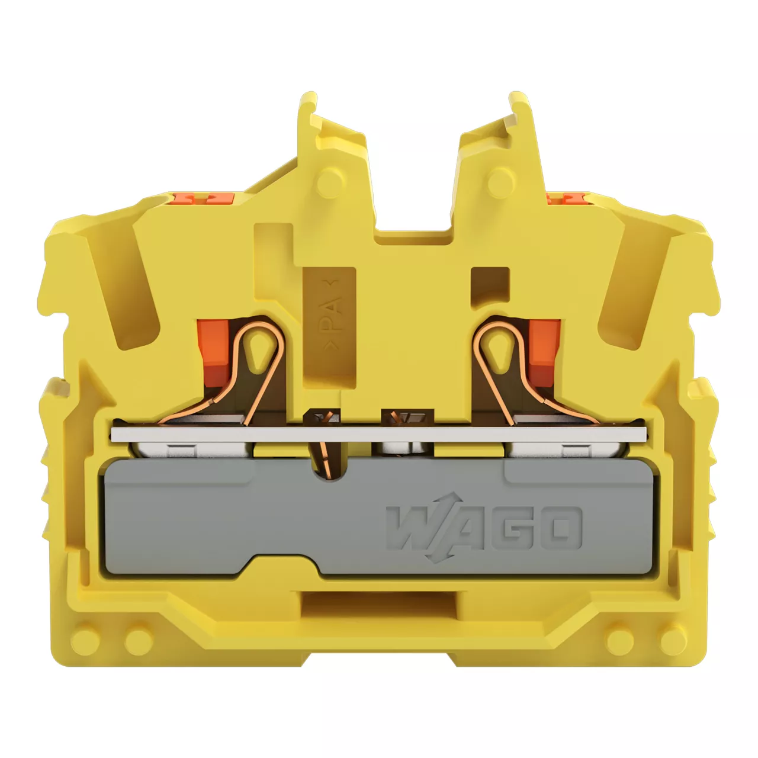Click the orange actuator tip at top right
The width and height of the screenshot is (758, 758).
567,197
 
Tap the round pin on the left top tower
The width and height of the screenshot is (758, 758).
330,182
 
